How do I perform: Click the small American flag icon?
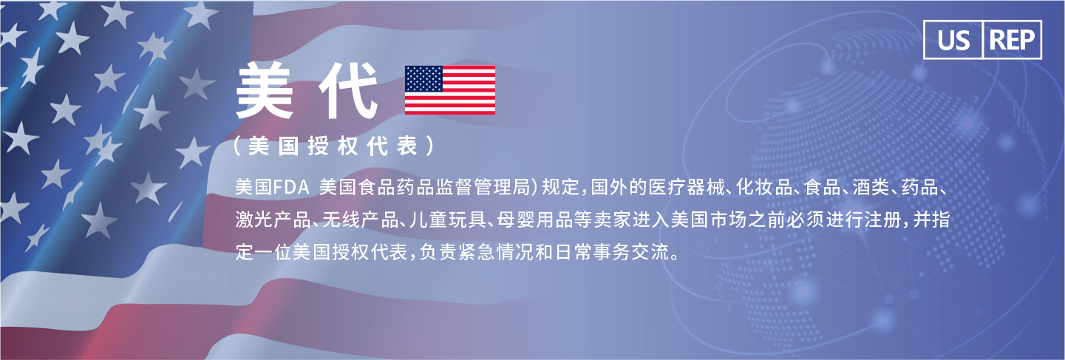coord(450,90)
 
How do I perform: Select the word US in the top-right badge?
coord(953,41)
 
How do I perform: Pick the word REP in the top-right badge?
coord(1012,41)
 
